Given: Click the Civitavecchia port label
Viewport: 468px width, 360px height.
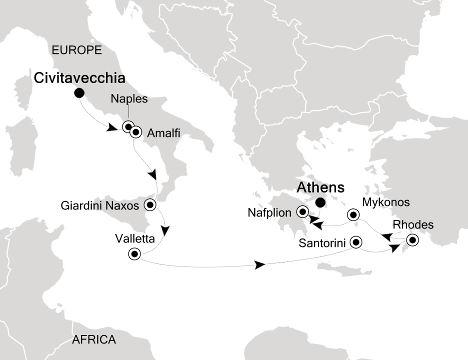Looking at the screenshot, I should click(79, 78).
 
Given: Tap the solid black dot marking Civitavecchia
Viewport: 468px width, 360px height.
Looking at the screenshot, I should click(79, 93).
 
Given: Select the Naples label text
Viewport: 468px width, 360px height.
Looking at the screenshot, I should click(129, 99).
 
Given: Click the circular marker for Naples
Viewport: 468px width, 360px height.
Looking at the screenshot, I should click(128, 126).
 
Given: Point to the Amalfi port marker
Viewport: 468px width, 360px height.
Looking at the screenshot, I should click(135, 133).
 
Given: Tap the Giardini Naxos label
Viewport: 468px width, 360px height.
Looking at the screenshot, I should click(100, 205).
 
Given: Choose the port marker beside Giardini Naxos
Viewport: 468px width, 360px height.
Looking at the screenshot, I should click(150, 204).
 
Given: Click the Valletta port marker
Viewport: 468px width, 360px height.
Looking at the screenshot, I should click(134, 254).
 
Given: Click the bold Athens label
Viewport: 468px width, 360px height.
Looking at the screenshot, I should click(320, 188).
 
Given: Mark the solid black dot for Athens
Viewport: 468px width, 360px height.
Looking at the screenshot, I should click(320, 202).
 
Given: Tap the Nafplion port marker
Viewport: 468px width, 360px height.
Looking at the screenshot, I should click(302, 212).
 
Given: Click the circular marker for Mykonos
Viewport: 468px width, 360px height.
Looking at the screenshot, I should click(353, 215).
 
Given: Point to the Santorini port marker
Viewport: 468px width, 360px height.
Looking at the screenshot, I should click(356, 242).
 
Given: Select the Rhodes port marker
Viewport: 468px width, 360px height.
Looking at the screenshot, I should click(412, 240).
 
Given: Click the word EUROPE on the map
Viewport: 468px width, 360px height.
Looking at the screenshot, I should click(76, 50).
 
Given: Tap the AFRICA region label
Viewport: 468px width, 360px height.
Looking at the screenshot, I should click(94, 340).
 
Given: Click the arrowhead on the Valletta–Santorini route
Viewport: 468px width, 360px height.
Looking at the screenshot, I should click(260, 265).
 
